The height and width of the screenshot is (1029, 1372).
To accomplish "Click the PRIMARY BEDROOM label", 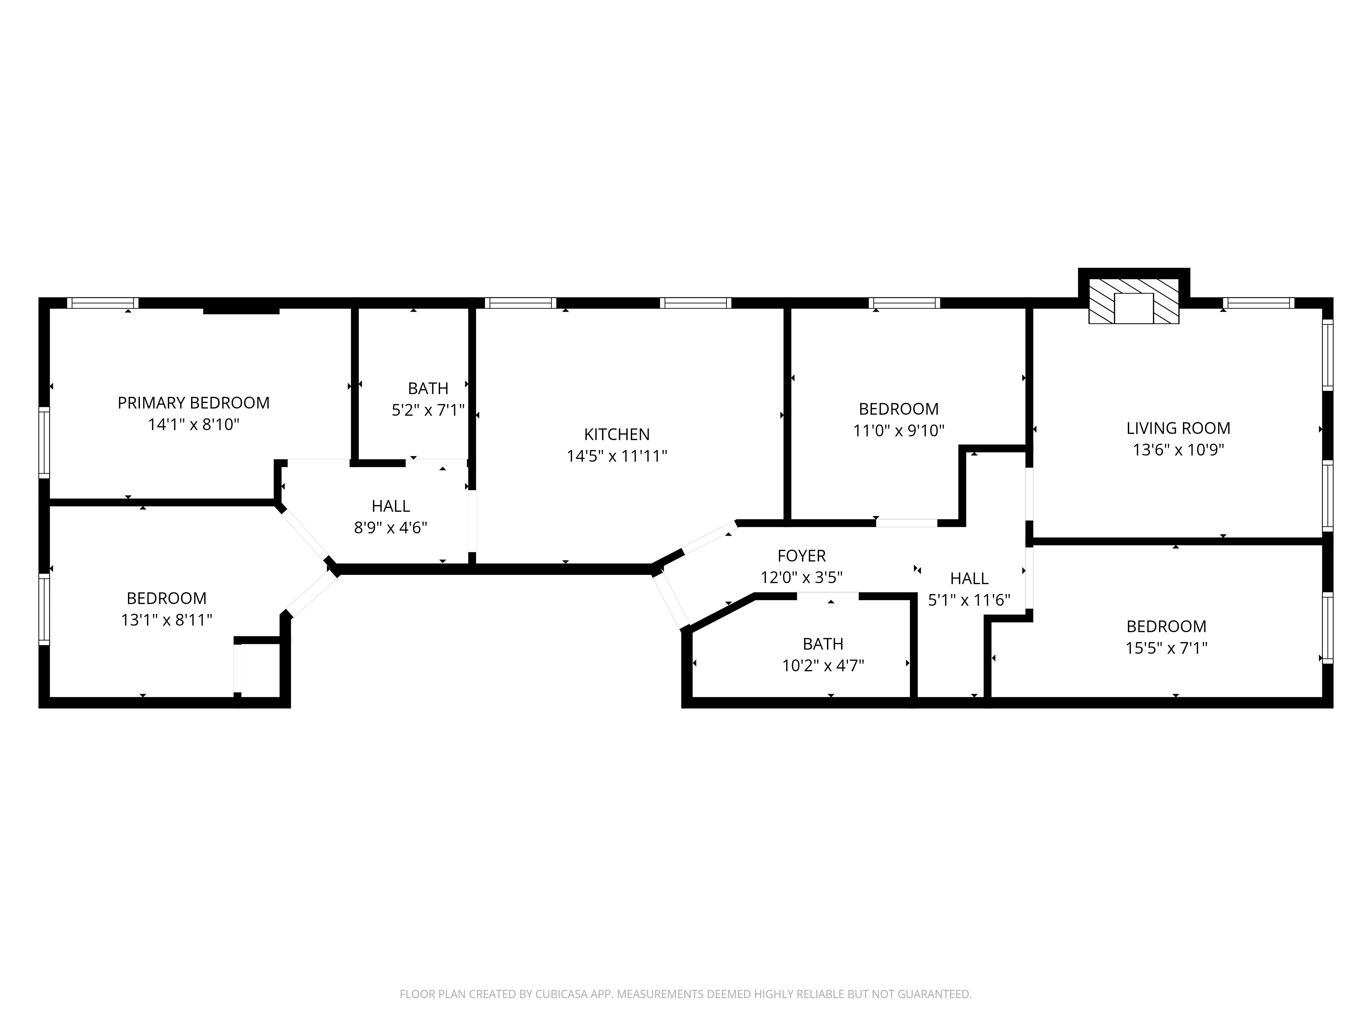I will tap(193, 403).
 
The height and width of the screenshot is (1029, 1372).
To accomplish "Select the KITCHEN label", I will tap(616, 434).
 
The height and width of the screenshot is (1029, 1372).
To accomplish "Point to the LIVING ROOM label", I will tap(1178, 428).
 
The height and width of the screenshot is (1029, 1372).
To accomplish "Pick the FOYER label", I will tap(801, 556).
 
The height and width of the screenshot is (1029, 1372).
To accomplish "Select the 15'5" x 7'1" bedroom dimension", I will tap(1166, 648).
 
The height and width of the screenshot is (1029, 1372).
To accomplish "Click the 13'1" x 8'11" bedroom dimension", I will tap(166, 620).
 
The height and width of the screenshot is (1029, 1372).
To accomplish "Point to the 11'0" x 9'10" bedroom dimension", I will tap(898, 430).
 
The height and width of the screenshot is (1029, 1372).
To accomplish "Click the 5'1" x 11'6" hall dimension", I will tap(969, 600).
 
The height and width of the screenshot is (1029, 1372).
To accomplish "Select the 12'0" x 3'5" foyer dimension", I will tap(801, 578).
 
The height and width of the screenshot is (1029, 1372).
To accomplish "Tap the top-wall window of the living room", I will tap(1258, 303).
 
